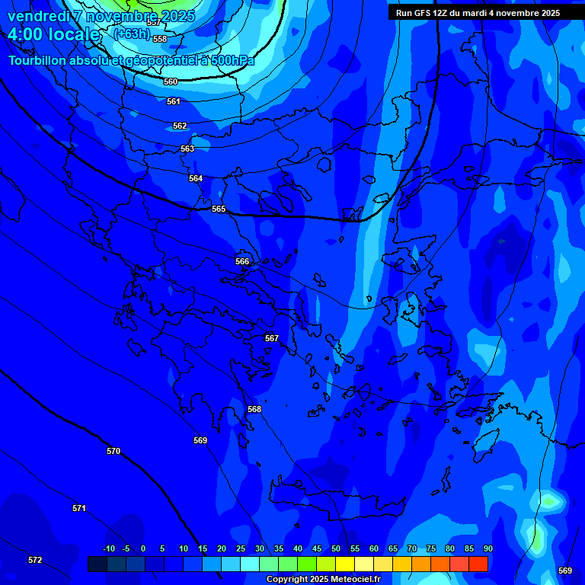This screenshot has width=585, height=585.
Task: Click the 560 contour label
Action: pyautogui.click(x=171, y=82)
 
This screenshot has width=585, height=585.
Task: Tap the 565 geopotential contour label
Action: pyautogui.click(x=219, y=209)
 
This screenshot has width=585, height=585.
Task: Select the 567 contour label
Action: pyautogui.click(x=272, y=338)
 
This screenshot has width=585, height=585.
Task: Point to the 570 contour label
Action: pyautogui.click(x=113, y=451)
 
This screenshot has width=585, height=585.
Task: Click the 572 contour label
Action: pyautogui.click(x=35, y=560)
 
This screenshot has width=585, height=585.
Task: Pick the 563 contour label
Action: pyautogui.click(x=187, y=149)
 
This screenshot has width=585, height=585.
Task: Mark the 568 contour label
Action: pyautogui.click(x=254, y=409)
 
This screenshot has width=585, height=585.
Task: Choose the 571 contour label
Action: pyautogui.click(x=79, y=508)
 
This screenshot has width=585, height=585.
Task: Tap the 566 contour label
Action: pyautogui.click(x=242, y=261)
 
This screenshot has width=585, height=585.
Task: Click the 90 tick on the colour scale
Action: pyautogui.click(x=487, y=548)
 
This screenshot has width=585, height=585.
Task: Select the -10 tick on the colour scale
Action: pyautogui.click(x=108, y=548)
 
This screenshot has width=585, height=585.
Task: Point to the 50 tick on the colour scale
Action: pyautogui.click(x=336, y=548)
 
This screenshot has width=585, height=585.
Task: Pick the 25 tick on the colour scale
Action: pyautogui.click(x=241, y=548)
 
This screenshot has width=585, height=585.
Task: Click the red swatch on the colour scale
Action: pyautogui.click(x=478, y=564)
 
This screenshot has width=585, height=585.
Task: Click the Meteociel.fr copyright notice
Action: pyautogui.click(x=323, y=580)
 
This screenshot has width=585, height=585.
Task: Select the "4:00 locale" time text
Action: pyautogui.click(x=54, y=34)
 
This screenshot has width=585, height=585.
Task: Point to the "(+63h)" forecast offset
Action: pyautogui.click(x=132, y=34)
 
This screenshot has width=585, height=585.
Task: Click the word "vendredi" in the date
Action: pyautogui.click(x=38, y=16)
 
